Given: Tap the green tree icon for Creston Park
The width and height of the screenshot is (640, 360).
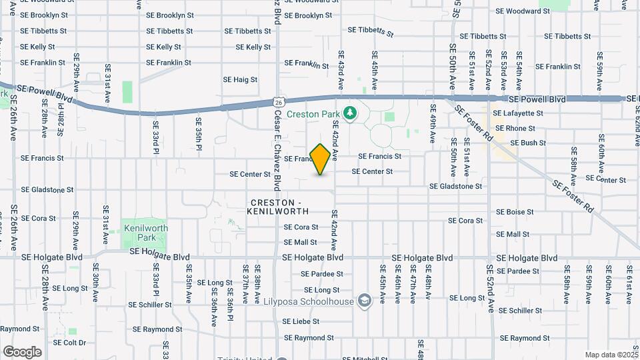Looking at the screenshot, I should point(348,113).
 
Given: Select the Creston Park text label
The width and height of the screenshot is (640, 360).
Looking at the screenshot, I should point(313,114).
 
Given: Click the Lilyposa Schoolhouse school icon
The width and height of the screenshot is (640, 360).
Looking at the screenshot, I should point(364,301).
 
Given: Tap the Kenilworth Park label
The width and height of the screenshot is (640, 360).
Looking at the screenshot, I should point(146,233).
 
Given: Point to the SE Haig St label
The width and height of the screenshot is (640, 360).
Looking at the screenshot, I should point(241,80).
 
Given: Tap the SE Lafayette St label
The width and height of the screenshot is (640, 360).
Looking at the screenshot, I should point(518,113).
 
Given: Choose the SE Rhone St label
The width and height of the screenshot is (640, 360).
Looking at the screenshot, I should point(514,128).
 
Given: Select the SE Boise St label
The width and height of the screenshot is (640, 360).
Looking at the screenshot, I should point(516,212).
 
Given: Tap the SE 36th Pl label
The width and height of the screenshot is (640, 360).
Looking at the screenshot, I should point(229,293).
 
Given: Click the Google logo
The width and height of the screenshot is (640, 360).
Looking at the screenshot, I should point(22,351).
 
